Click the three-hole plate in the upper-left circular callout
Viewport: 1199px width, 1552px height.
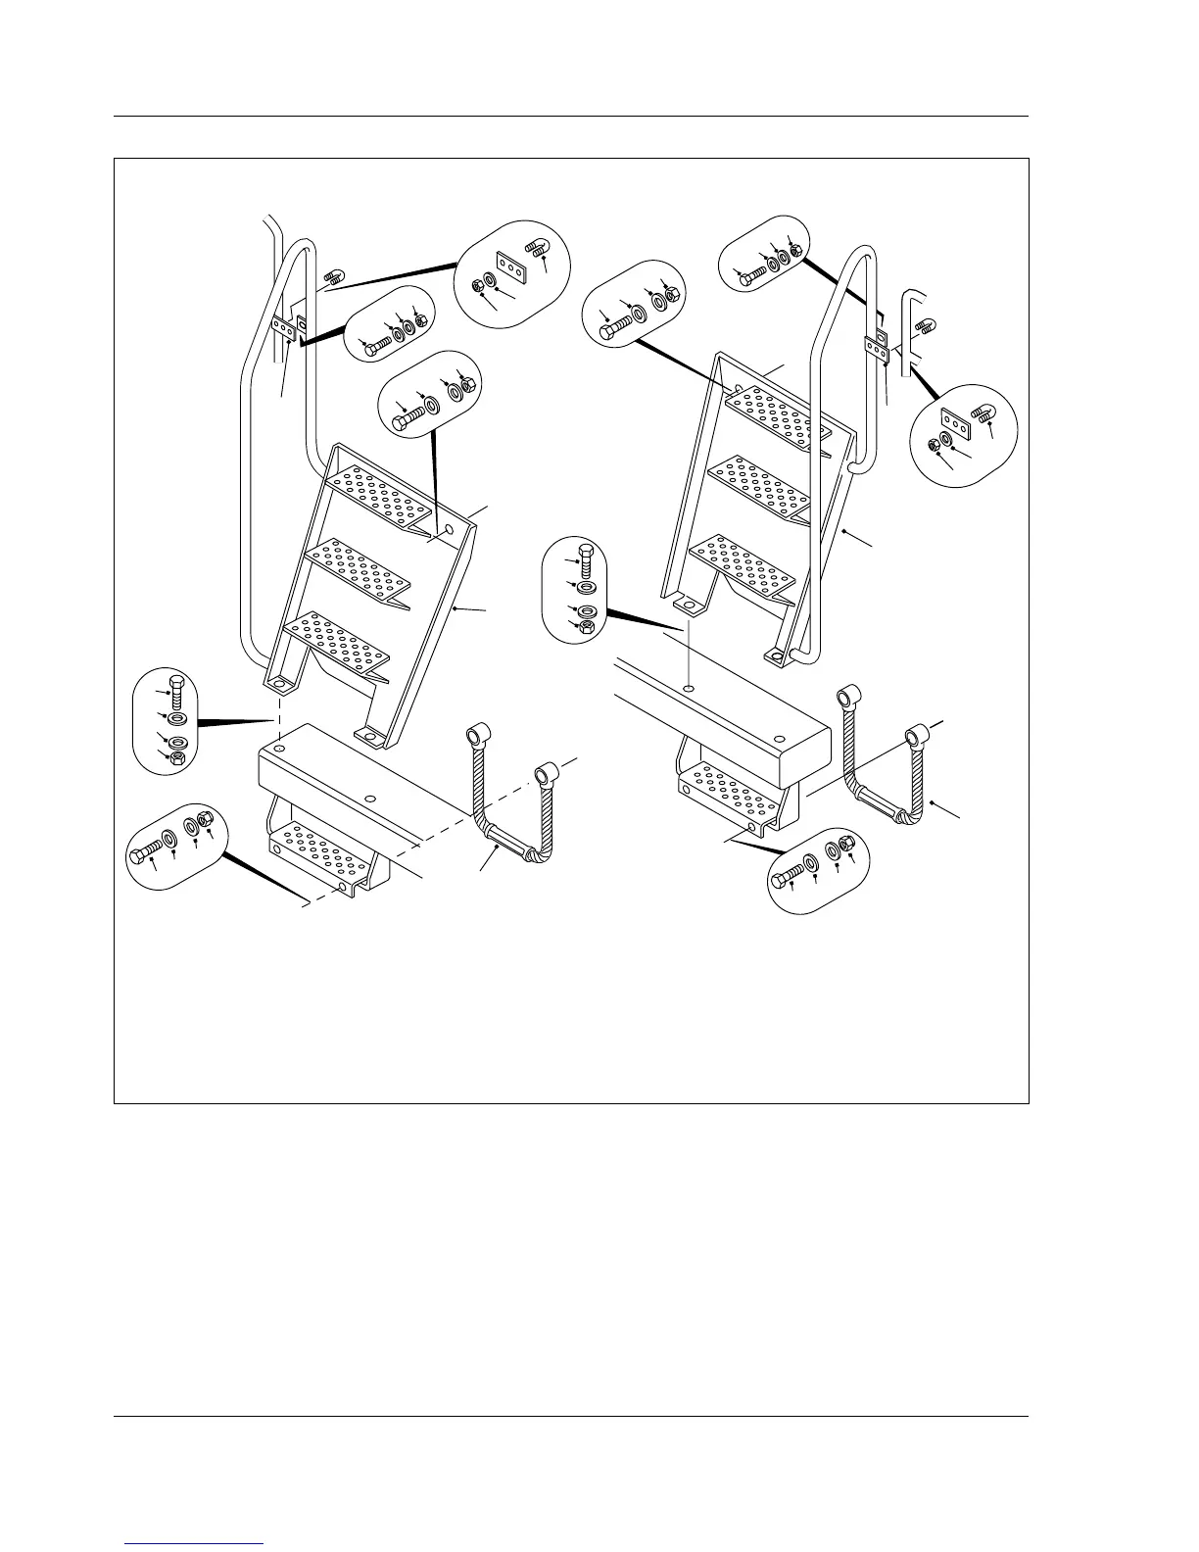point(511,266)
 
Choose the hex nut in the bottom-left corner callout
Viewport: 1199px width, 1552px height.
point(206,821)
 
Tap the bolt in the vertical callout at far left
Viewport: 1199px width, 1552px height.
point(176,692)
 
